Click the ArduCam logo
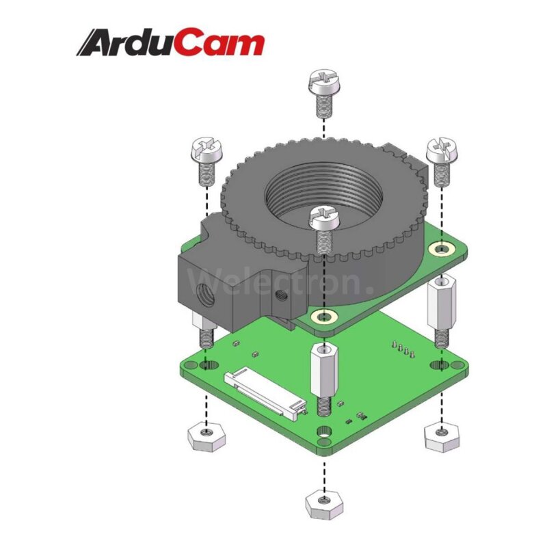coord(170,42)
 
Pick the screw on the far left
coord(206,161)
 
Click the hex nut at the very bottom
coord(323,505)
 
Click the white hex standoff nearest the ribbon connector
coord(323,376)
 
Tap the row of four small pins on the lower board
coord(403,350)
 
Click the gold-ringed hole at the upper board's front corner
coord(323,317)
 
